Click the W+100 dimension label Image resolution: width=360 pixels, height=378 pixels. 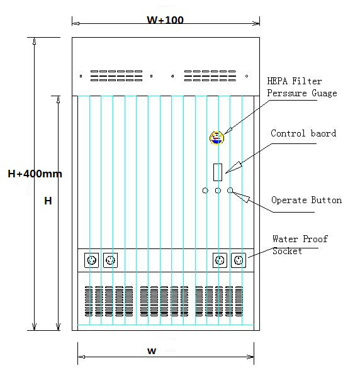(x=166, y=19)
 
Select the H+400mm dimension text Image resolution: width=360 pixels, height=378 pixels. (x=35, y=174)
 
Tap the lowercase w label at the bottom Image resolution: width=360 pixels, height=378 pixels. (x=152, y=351)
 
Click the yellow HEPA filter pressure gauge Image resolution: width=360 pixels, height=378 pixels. (x=217, y=138)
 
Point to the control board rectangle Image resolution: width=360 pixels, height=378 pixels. (x=218, y=172)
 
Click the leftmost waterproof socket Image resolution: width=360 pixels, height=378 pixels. (x=91, y=260)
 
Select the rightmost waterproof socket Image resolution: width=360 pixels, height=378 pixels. (x=239, y=260)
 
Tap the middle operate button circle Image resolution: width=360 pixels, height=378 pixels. (x=218, y=191)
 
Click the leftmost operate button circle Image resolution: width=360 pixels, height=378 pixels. (x=205, y=191)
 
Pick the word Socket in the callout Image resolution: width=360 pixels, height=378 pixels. (x=287, y=251)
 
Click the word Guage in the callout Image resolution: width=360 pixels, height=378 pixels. (x=324, y=93)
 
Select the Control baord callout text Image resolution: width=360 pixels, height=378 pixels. (x=303, y=133)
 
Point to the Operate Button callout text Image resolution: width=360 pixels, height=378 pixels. (x=307, y=200)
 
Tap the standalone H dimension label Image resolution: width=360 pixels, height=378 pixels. (x=48, y=201)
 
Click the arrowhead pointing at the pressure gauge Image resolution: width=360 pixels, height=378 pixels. (x=228, y=130)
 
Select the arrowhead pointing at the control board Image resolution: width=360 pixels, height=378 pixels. (x=234, y=167)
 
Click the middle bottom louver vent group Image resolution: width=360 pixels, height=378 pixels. (x=164, y=301)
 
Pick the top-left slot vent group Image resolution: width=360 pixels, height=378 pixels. (x=116, y=75)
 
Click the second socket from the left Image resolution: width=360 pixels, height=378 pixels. (x=111, y=260)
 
